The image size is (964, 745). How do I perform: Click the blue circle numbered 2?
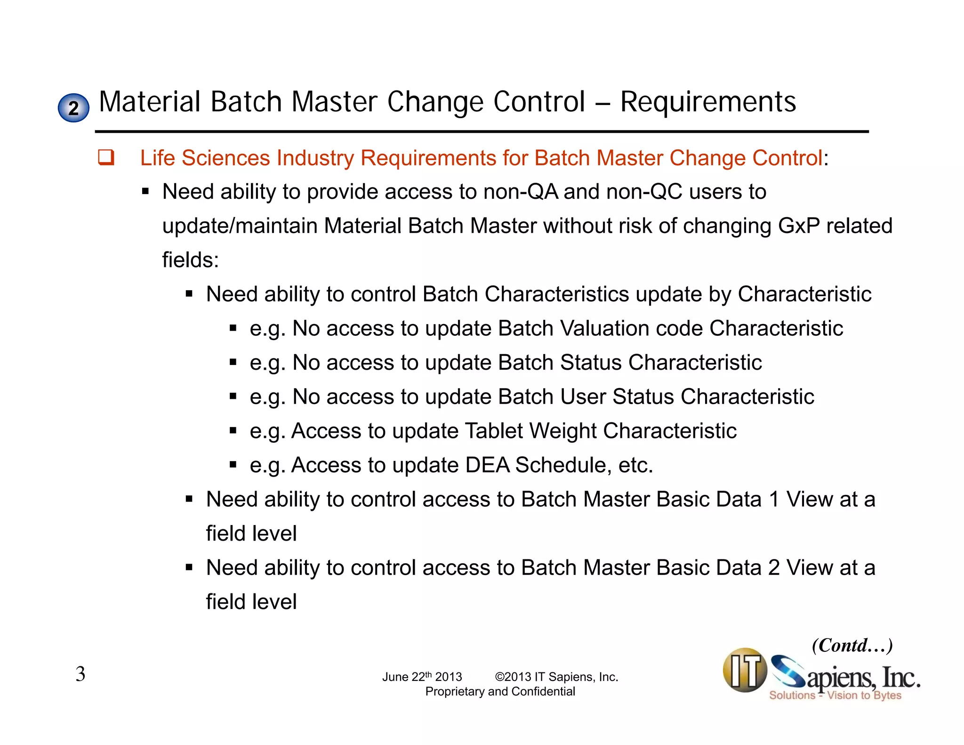coord(73,108)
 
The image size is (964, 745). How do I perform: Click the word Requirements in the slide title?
coord(708,102)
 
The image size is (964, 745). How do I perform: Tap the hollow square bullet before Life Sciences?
coord(106,157)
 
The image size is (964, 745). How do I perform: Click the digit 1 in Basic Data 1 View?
coord(774,499)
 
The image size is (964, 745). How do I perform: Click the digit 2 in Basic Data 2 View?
coord(774,567)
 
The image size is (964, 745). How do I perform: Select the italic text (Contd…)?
coord(852,645)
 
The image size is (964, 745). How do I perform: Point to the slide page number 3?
coord(80,674)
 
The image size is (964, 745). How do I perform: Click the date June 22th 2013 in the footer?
coord(422,677)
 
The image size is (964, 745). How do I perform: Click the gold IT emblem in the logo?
coord(745,670)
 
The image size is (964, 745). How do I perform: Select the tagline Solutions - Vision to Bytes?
coord(835,695)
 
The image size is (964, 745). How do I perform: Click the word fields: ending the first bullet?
coord(191,260)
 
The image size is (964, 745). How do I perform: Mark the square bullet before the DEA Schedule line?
coord(233,465)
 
